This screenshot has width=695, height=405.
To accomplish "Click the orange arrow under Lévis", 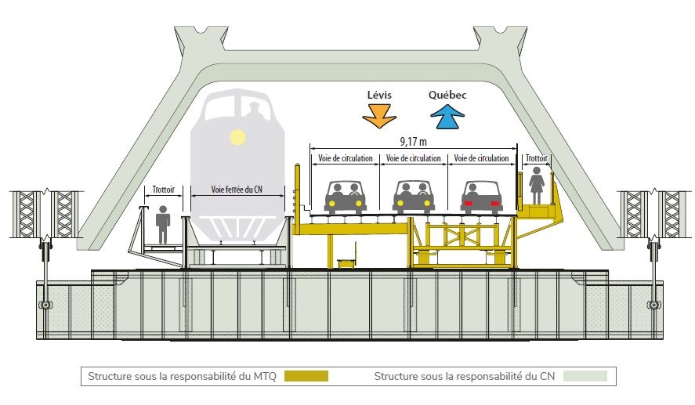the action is (x=379, y=116).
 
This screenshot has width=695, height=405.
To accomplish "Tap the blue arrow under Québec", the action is (x=447, y=117).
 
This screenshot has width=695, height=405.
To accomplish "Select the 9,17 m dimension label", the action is (x=413, y=142).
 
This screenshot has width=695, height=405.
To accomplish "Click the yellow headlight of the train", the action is (x=237, y=137).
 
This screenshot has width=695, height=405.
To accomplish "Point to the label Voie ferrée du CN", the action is (x=237, y=190).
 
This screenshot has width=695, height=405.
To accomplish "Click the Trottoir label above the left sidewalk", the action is (x=164, y=190).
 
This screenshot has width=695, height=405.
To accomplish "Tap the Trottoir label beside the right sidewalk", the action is (x=536, y=158).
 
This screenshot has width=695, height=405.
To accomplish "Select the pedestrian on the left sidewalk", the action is (x=163, y=224).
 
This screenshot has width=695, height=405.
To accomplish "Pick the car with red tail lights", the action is (x=481, y=197).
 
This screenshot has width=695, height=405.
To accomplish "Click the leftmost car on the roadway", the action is (x=346, y=197).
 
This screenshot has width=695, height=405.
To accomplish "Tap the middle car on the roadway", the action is (x=414, y=197).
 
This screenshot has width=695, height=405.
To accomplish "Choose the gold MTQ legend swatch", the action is (x=306, y=376).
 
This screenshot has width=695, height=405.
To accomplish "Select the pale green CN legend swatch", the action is (x=585, y=376).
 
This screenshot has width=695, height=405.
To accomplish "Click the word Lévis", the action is (x=379, y=95).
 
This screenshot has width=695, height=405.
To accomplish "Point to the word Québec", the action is (x=447, y=95).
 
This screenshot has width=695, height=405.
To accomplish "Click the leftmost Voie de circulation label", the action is (x=346, y=158).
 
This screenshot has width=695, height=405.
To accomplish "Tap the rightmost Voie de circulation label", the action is (x=481, y=158).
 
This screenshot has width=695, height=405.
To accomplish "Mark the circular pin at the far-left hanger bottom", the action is (x=45, y=306).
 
